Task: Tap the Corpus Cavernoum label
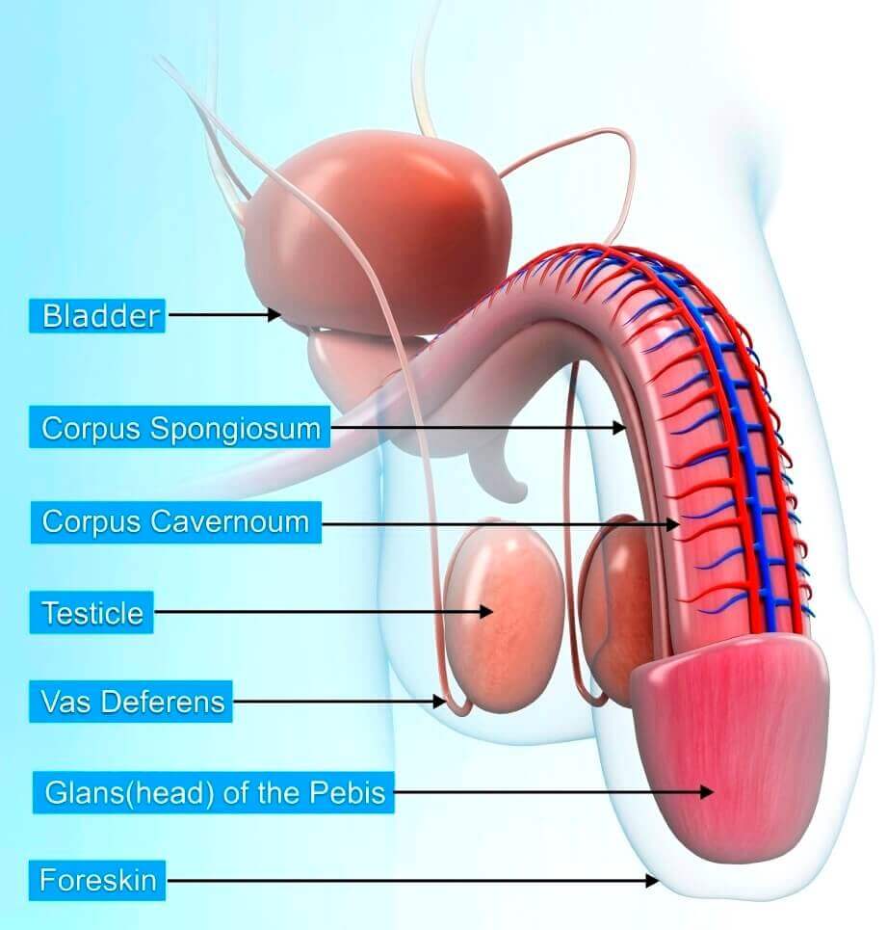175,522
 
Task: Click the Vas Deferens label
133,702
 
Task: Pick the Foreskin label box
97,880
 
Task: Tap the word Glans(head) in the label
129,793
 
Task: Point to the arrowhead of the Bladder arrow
276,314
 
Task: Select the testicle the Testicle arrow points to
506,617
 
